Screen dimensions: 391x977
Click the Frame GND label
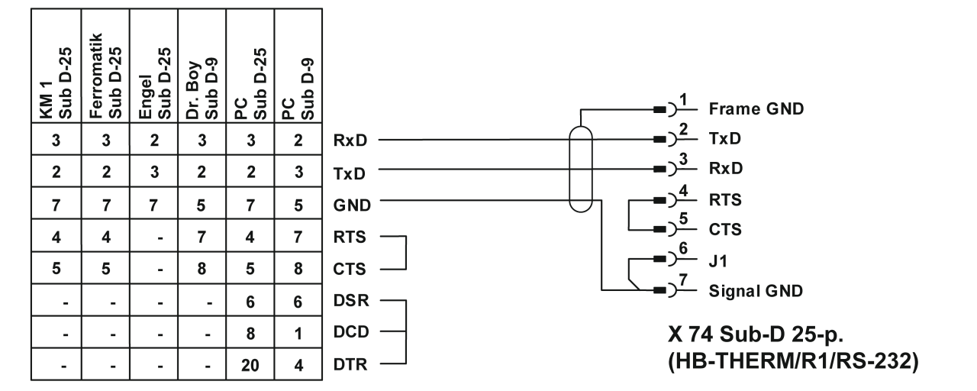tap(756, 108)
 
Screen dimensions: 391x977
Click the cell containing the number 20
tap(249, 365)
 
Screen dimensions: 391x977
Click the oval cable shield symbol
tap(582, 170)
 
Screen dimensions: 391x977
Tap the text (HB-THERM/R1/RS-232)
tap(789, 361)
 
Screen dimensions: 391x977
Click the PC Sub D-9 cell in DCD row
tap(298, 332)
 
